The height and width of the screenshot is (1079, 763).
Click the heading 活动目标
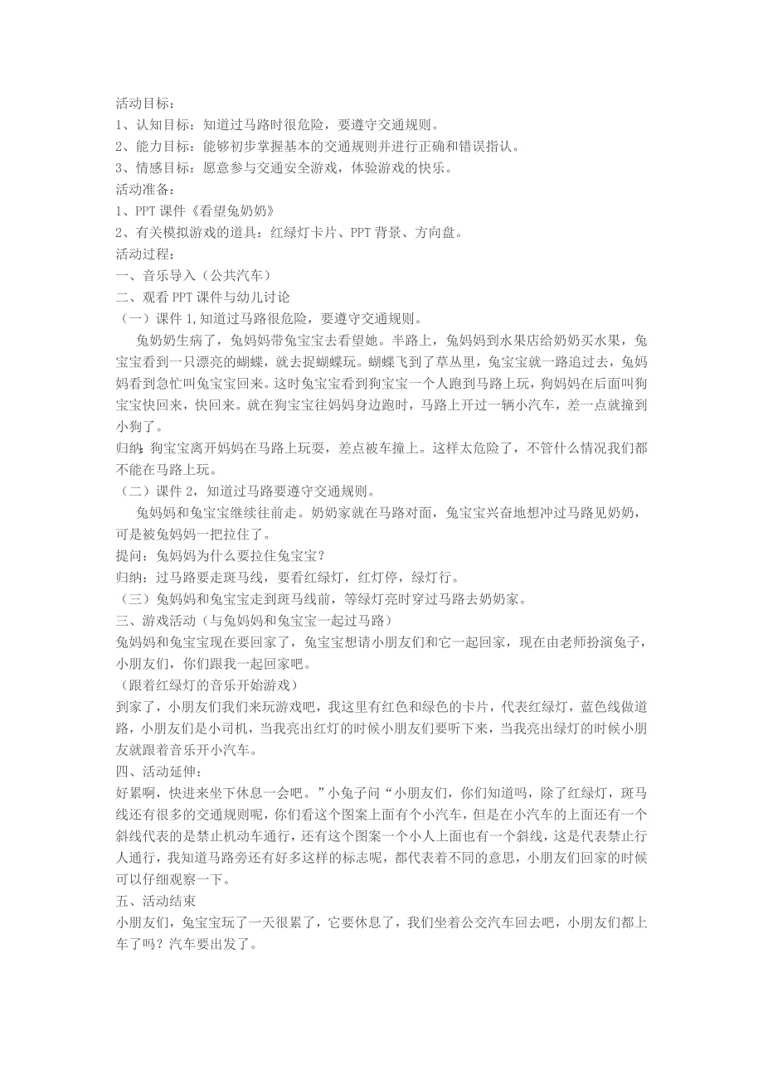[x=141, y=104]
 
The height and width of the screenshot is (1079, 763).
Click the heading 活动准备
[x=141, y=190]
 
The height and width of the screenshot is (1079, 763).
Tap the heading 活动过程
[x=141, y=254]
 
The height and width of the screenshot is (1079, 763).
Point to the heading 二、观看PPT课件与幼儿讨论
[x=202, y=297]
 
